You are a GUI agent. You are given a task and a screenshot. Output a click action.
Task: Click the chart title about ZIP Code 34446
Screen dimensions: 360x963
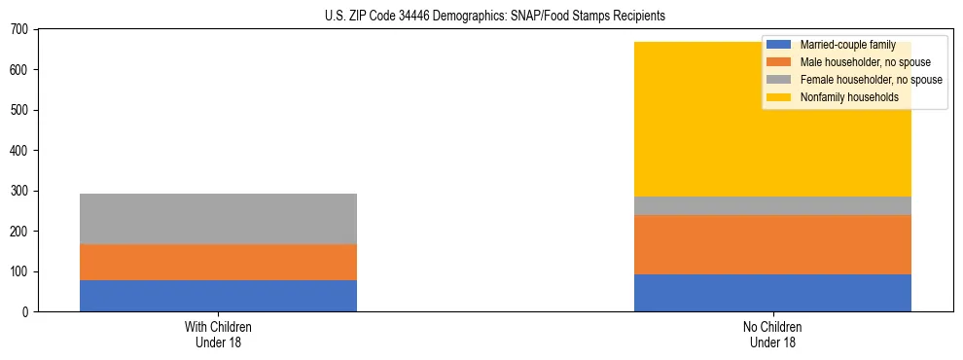tap(495, 17)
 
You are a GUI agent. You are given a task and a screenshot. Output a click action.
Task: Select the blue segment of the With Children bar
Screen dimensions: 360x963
tap(218, 296)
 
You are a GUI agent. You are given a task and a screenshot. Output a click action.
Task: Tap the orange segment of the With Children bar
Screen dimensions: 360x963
tap(218, 262)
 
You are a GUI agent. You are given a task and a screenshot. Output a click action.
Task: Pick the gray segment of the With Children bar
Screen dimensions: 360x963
tap(218, 219)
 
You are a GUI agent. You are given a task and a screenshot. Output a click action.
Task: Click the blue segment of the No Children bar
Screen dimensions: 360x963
tap(772, 293)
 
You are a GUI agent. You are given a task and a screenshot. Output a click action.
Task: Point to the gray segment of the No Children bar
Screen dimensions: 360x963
tap(772, 205)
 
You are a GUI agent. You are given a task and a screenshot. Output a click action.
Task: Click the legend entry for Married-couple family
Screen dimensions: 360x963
tap(846, 45)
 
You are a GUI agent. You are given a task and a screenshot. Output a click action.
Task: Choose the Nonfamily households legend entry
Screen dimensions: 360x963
tap(848, 97)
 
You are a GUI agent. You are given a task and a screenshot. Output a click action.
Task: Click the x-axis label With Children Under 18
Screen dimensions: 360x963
tap(218, 334)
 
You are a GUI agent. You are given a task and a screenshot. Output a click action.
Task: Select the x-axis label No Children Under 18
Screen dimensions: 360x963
tap(772, 334)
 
